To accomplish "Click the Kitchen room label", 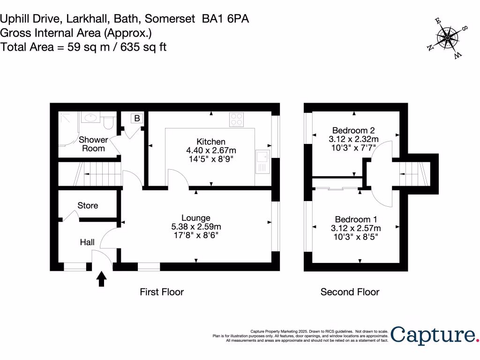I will coord(211,142).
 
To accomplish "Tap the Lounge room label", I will coord(196,218).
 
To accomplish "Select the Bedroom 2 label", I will coord(353,130).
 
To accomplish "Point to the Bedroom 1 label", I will coord(355,219).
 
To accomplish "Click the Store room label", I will coord(88,205).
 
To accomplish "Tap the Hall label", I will coord(87,242).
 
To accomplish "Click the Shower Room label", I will coord(93,144).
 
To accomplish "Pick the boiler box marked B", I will coord(137,119).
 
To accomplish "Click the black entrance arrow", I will coord(102,279).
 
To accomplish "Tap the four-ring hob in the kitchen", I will coord(237,120).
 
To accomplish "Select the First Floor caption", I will coord(162,292).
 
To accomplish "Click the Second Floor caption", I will coord(350,292).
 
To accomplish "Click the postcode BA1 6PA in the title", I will coord(225,19).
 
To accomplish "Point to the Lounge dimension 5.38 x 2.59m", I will coord(196,226).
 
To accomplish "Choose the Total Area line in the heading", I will coord(83,47).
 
